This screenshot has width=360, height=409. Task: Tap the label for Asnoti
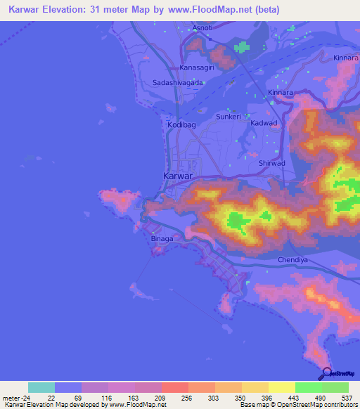pos(202,28)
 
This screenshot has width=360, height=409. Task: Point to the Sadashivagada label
pos(179,83)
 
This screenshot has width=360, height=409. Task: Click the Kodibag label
pos(181,124)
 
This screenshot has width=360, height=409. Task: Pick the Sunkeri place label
pos(229,117)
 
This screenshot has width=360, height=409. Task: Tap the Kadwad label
pos(264,123)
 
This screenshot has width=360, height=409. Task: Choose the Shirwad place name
pos(272,163)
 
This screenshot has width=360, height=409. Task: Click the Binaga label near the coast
pos(162,238)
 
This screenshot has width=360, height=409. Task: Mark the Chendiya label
pos(284,259)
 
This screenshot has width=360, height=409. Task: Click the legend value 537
pos(347,398)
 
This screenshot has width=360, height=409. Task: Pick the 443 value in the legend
pos(292,398)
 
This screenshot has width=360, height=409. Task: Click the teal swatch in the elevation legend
pos(41,387)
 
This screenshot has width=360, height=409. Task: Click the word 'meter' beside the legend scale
pos(9,398)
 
